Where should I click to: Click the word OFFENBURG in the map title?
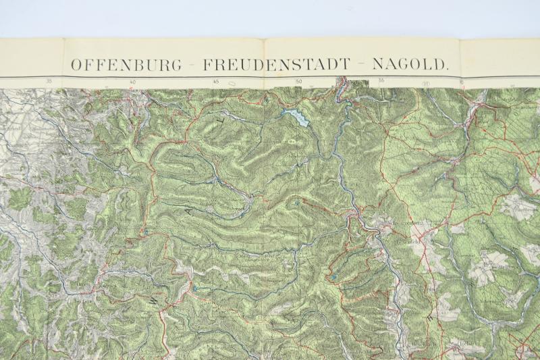coord(126,65)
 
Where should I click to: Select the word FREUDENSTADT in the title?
coord(276,65)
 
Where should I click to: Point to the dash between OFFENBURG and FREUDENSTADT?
coord(193,66)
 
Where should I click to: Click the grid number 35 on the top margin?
coord(49,82)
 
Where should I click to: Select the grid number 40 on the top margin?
coord(132,82)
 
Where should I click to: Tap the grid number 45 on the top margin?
coord(215,82)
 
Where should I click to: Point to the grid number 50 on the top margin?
coord(298,83)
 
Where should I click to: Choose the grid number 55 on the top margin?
coord(381,82)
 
